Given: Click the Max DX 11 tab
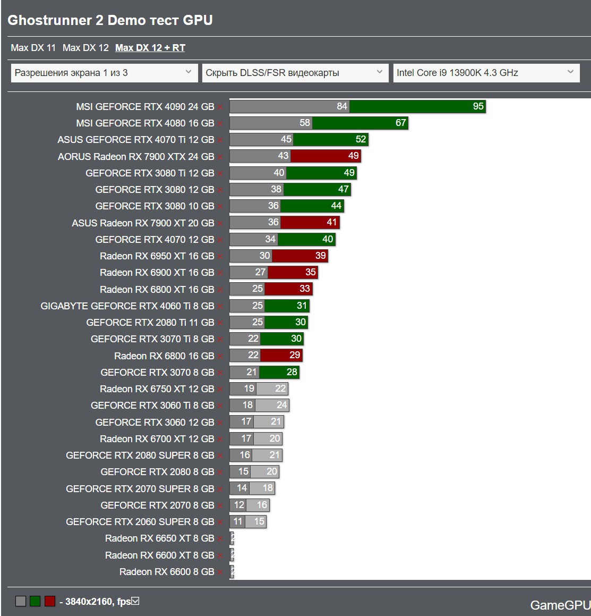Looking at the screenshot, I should point(33,48).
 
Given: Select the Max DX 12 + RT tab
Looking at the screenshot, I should point(150,48).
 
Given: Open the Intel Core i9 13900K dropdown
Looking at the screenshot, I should point(485,73).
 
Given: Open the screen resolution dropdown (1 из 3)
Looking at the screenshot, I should point(103,73).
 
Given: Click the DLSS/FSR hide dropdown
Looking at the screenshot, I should point(294,73).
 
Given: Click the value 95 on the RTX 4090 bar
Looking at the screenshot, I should point(478,106).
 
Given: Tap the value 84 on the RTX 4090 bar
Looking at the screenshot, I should point(342,106).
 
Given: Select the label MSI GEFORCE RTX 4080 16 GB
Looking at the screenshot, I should point(145,123).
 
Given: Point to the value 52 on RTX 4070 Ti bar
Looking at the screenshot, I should point(361,139).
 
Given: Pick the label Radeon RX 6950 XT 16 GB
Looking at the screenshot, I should point(157,256).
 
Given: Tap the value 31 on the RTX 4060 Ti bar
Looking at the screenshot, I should point(302,306).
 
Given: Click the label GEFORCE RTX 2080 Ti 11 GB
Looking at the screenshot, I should point(150,323).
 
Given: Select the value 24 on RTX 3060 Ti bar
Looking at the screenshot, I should point(281,405).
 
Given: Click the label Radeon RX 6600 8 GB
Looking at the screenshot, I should point(167,572).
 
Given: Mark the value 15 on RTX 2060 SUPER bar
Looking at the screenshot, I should point(259,521).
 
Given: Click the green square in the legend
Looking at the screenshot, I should point(35,602).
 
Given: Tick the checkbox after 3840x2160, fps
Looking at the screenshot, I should point(135,601).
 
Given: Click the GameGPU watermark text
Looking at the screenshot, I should point(560,605).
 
